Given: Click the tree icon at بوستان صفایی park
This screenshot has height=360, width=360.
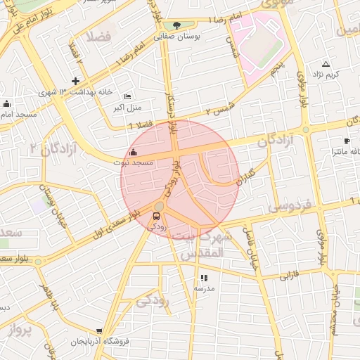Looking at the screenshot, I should (x=176, y=25).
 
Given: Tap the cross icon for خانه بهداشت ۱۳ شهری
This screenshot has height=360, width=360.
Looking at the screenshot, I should (x=76, y=81).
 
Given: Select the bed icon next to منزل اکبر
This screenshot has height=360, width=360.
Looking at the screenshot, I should (x=127, y=96).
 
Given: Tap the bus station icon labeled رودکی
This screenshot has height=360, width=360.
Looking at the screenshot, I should (x=156, y=216).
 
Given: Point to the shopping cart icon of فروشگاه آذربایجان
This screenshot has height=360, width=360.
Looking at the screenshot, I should (x=99, y=330).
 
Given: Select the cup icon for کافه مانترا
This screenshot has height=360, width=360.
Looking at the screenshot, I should (x=347, y=141).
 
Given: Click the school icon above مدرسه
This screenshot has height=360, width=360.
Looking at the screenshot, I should (x=204, y=278).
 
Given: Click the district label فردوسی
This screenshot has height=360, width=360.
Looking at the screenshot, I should (x=289, y=207).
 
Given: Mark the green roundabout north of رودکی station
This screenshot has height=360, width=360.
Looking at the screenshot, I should (x=160, y=206).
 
